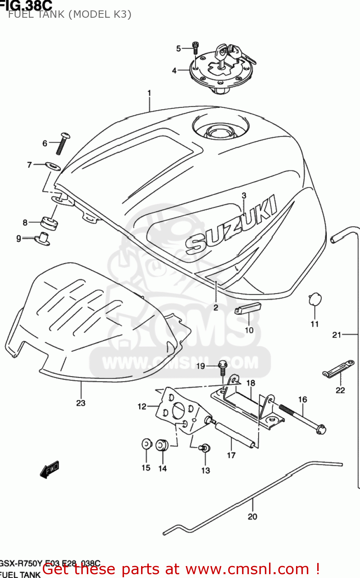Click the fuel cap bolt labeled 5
coord(195,48)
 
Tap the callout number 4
coord(174,71)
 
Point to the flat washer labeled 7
coord(53,166)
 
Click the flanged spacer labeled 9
coord(43,239)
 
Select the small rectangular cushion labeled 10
coord(248,309)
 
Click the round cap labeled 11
coord(315,299)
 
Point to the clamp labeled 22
coord(338,369)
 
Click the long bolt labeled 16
coord(302,418)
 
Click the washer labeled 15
coord(146,444)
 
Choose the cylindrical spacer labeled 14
coord(162,445)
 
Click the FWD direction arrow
coord(50,469)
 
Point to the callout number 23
coord(81,403)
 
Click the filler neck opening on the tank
coord(220,131)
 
